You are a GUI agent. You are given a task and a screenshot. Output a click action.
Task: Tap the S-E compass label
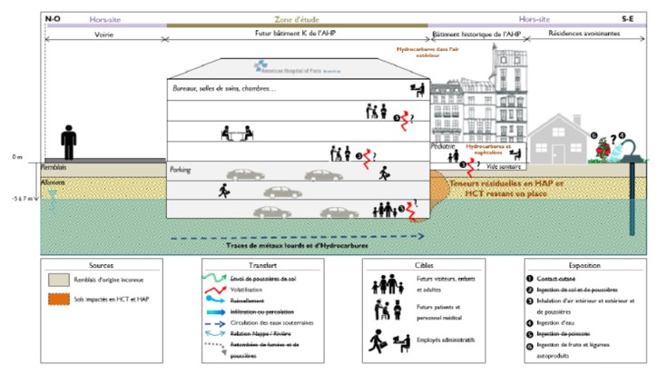[x=627, y=17]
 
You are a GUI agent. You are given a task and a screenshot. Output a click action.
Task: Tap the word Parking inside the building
[x=181, y=169]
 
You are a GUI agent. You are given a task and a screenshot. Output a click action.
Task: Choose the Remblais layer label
[x=55, y=168]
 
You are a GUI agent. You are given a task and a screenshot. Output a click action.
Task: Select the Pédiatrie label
[x=443, y=145]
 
